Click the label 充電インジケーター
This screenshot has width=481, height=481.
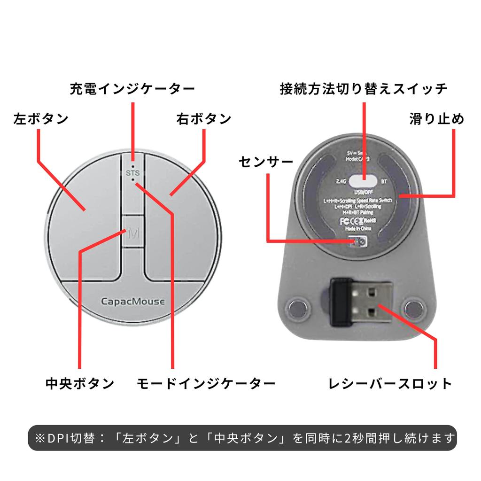[132, 89]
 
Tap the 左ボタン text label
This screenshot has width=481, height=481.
[41, 118]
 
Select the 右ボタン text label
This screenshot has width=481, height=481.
[204, 118]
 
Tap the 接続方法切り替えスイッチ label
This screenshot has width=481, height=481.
[364, 89]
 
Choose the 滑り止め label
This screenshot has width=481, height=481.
[437, 118]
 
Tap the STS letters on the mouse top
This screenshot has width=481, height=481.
[133, 173]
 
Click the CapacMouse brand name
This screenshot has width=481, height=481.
[133, 302]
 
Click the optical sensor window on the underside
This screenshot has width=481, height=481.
[360, 241]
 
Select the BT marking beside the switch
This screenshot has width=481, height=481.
[384, 181]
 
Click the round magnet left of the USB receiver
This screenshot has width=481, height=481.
[298, 308]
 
